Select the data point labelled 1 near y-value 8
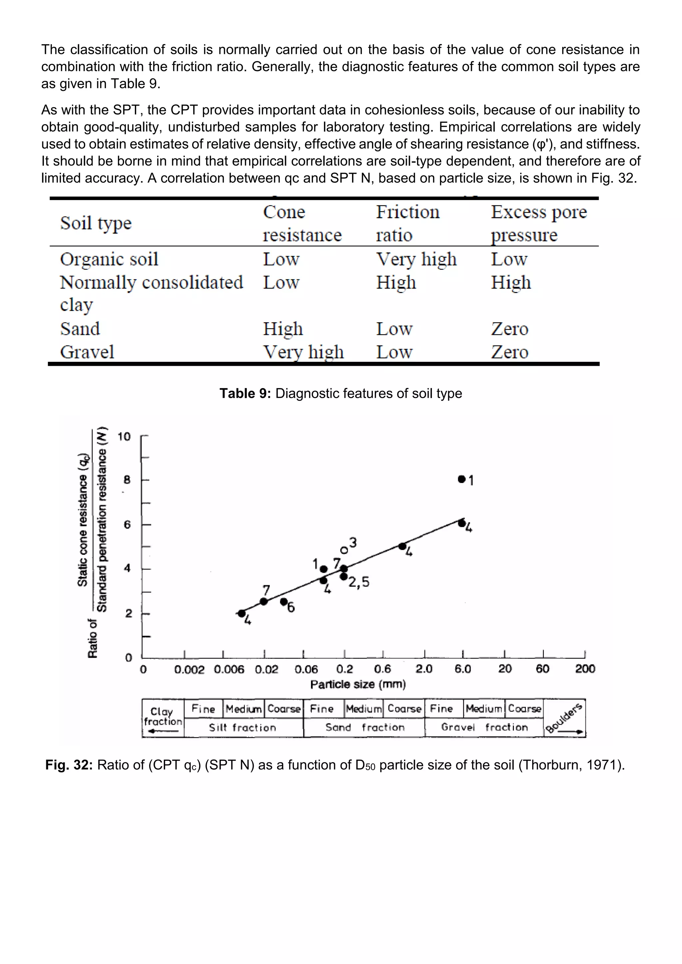click(x=462, y=479)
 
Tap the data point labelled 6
click(x=283, y=602)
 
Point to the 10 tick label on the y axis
click(x=124, y=437)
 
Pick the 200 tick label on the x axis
click(x=584, y=668)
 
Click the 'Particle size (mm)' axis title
click(x=358, y=685)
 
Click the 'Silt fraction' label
click(x=243, y=728)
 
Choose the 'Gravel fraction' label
click(x=484, y=727)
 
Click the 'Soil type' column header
click(x=96, y=223)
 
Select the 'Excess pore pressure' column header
click(x=538, y=223)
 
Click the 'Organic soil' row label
click(x=109, y=259)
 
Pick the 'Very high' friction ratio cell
click(x=416, y=259)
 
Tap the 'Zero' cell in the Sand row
click(x=510, y=329)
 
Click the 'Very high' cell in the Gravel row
click(x=303, y=352)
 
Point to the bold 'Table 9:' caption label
click(x=245, y=393)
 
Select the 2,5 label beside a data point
click(x=359, y=582)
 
